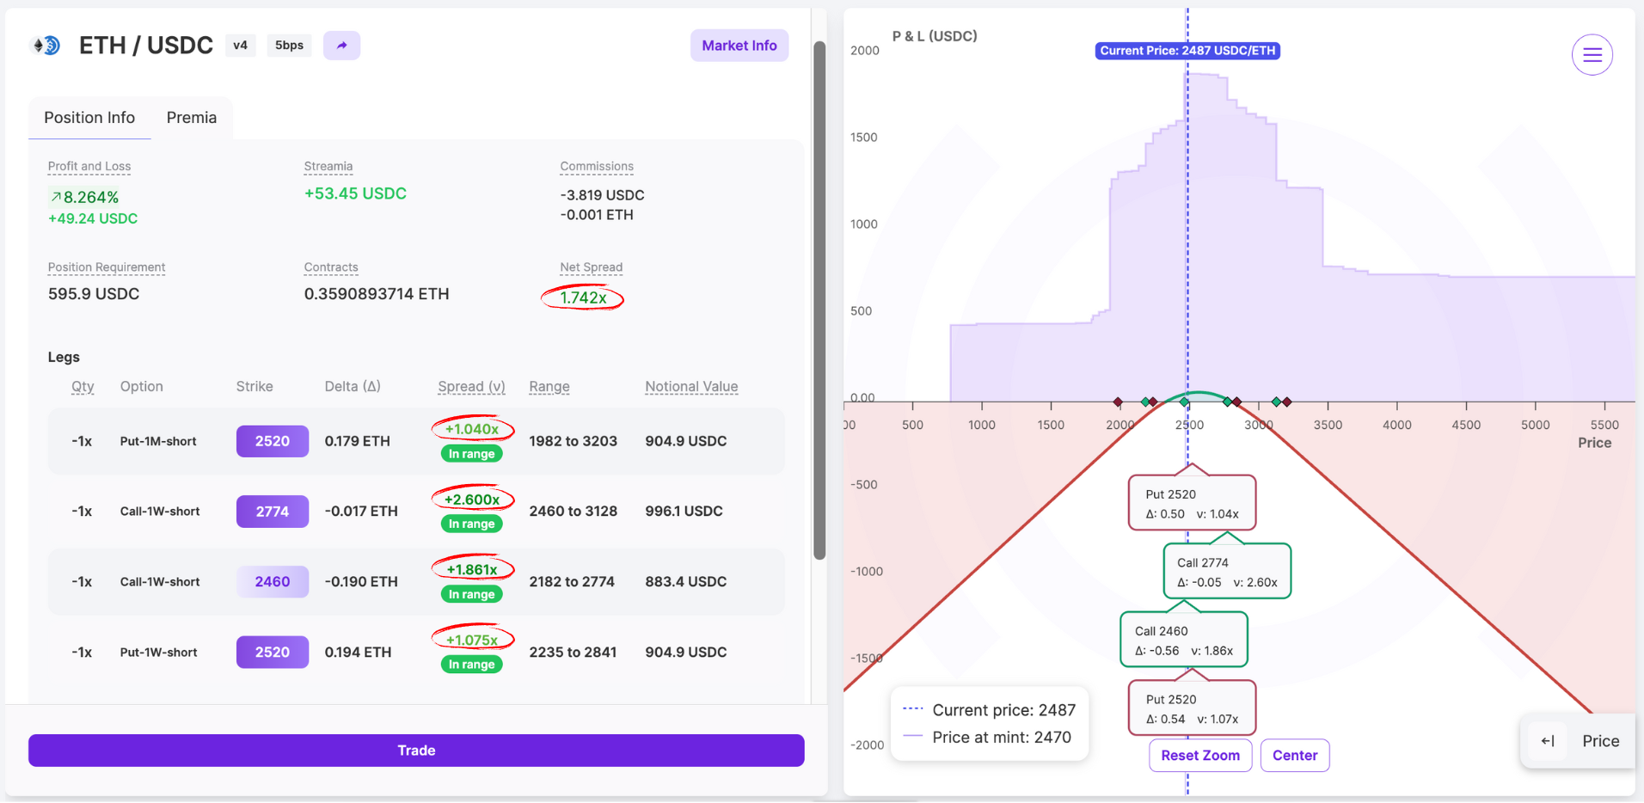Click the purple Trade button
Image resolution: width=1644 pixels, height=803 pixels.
point(416,751)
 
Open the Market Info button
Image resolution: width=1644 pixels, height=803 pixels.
point(739,46)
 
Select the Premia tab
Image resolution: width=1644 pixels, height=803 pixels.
point(192,118)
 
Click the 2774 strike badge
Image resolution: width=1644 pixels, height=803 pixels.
point(273,512)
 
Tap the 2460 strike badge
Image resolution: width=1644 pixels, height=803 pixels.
point(273,582)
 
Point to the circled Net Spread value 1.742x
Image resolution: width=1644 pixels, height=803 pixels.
point(583,297)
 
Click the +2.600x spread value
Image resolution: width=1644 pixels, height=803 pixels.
point(472,500)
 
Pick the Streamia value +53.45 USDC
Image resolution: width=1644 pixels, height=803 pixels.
point(355,193)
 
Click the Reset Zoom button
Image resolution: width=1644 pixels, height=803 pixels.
point(1200,756)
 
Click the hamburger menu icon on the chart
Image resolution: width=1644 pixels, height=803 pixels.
point(1592,55)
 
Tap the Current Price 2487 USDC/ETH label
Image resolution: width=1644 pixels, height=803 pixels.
point(1187,51)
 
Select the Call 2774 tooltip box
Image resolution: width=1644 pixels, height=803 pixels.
point(1227,571)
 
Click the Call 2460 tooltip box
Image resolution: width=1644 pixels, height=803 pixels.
point(1184,640)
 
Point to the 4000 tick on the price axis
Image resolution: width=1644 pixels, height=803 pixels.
point(1397,425)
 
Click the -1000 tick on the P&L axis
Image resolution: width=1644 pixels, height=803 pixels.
point(867,572)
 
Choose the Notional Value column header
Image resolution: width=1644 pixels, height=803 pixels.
point(691,387)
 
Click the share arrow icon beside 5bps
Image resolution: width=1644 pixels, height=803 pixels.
point(341,46)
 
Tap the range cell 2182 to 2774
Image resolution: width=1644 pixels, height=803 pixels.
point(572,582)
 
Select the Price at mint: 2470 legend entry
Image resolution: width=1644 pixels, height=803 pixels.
point(988,738)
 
